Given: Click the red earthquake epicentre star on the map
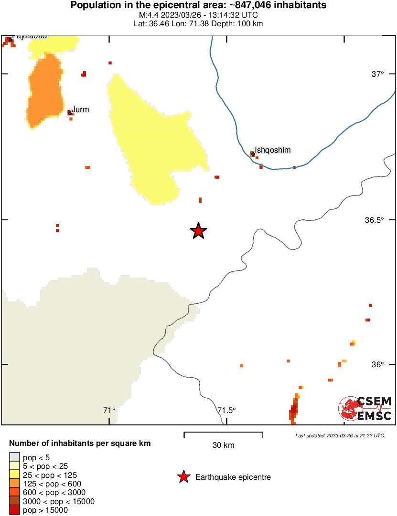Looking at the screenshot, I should (x=198, y=231).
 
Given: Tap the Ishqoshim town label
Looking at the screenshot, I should (x=273, y=150).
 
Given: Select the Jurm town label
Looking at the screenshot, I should (x=80, y=110).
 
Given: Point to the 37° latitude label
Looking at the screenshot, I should (x=378, y=74).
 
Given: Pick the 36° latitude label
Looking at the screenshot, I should (x=378, y=364).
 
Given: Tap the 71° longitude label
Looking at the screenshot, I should (x=109, y=410).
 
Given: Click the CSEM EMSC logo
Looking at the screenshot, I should (x=365, y=409).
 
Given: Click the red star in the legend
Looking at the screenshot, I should (x=183, y=477).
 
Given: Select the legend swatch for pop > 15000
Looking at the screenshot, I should (x=15, y=510).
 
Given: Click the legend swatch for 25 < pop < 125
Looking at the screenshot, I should (x=15, y=475).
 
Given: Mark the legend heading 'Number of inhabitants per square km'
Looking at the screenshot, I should (x=80, y=444).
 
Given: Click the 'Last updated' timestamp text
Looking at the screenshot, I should (x=339, y=435).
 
